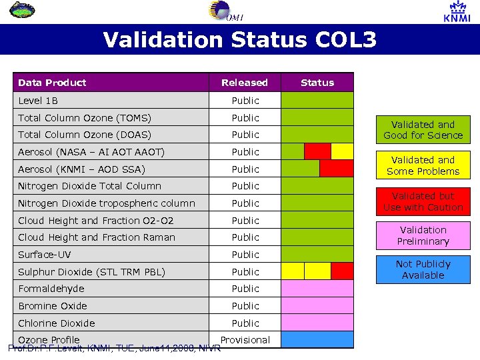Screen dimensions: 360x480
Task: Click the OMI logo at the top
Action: (223, 11)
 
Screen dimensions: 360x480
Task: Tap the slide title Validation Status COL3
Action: (239, 40)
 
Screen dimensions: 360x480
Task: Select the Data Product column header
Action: (52, 83)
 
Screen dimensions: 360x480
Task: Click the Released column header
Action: (245, 83)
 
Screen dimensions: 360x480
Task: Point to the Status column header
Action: (317, 83)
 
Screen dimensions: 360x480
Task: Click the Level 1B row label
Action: (38, 101)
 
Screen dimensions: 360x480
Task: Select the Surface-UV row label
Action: (44, 255)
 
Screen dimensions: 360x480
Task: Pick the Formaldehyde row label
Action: (51, 289)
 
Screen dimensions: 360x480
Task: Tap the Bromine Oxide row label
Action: (53, 306)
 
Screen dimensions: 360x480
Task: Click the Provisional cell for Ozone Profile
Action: (245, 340)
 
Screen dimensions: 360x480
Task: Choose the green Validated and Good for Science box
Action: (423, 130)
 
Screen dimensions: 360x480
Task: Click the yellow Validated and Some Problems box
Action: (423, 165)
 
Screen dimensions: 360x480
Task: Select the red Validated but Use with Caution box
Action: (423, 201)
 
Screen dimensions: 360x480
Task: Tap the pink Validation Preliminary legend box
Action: (423, 235)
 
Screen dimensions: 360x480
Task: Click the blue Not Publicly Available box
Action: (423, 269)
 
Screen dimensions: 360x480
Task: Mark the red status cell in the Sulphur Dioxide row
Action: (342, 271)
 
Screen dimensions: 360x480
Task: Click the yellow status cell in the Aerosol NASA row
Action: (342, 151)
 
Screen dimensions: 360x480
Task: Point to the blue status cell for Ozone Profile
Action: (317, 339)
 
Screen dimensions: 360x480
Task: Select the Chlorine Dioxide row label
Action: (57, 323)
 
